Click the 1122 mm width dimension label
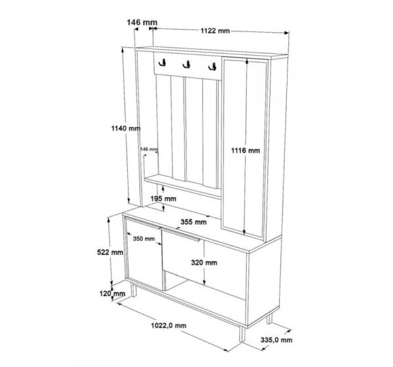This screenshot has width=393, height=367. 215,31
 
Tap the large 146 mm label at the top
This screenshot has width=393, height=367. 142,22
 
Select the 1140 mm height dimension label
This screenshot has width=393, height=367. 126,128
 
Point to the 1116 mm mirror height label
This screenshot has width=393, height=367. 246,151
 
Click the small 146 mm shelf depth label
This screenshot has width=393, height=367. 149,149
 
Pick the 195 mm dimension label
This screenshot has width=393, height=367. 163,199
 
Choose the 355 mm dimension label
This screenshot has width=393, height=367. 193,222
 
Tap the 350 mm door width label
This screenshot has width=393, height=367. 143,239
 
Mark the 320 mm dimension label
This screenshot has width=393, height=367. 204,263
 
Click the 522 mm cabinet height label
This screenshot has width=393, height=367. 110,252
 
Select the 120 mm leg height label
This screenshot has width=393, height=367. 112,293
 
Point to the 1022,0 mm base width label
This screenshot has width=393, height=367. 169,326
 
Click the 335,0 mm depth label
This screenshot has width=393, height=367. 276,340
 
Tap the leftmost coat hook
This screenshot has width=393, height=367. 162,63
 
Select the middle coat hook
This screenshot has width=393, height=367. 187,65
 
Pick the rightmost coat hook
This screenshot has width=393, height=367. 212,66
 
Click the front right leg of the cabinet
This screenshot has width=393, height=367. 242,334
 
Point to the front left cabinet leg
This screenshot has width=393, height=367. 134,290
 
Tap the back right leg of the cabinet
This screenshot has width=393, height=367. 269,319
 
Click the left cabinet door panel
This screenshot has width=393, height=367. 144,255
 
